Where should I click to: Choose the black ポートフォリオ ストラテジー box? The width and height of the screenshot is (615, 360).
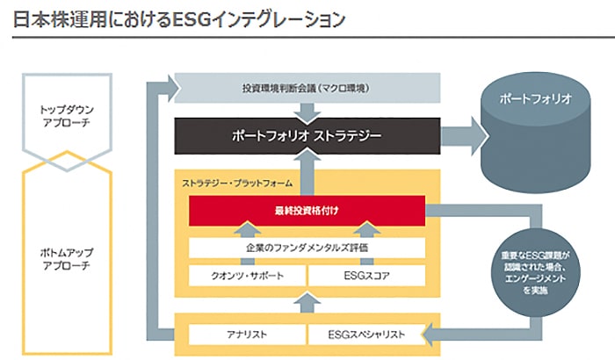tap(307, 139)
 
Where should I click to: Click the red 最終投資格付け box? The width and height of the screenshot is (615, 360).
tap(307, 211)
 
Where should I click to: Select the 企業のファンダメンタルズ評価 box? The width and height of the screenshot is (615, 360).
tap(307, 248)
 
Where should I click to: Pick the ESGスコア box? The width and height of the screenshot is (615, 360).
tap(365, 276)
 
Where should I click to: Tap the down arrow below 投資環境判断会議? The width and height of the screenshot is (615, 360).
tap(307, 112)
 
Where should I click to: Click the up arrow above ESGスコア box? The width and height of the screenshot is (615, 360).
tap(365, 230)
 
